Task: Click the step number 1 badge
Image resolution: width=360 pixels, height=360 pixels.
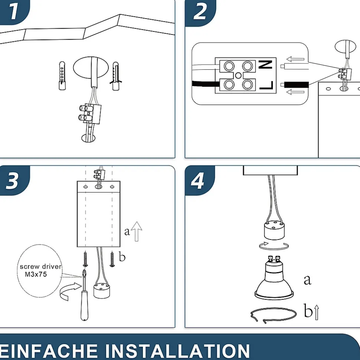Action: pyautogui.click(x=14, y=11)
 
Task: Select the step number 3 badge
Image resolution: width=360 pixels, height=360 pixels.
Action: pyautogui.click(x=14, y=180)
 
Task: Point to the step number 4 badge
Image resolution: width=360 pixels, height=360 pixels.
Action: pyautogui.click(x=199, y=181)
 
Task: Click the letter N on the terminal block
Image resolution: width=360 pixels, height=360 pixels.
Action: pyautogui.click(x=265, y=65)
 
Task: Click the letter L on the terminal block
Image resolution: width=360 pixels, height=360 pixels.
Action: pyautogui.click(x=266, y=85)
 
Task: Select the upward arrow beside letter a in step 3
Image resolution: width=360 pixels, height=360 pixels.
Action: pyautogui.click(x=137, y=231)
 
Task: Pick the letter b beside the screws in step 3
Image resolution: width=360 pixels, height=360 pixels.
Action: pyautogui.click(x=122, y=257)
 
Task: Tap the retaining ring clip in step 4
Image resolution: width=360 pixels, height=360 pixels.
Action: pyautogui.click(x=273, y=315)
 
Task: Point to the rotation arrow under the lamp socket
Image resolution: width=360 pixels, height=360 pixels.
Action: pyautogui.click(x=274, y=246)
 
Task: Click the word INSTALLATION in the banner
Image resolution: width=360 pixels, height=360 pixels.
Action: pyautogui.click(x=177, y=351)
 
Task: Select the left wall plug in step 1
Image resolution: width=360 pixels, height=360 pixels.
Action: pyautogui.click(x=62, y=76)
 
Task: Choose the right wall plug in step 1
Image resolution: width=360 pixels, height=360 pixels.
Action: pyautogui.click(x=116, y=76)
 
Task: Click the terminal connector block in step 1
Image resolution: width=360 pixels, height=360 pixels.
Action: pyautogui.click(x=90, y=114)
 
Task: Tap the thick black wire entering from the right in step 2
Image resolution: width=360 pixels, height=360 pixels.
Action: pyautogui.click(x=297, y=85)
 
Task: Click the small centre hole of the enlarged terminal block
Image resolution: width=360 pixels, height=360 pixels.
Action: pyautogui.click(x=238, y=75)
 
